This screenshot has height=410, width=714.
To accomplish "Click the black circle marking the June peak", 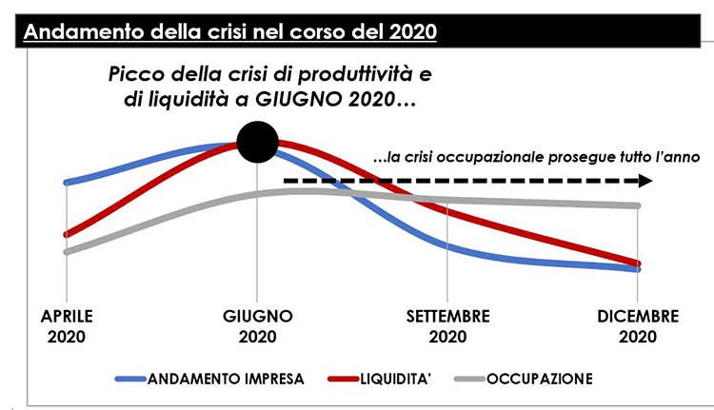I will pyautogui.click(x=257, y=143).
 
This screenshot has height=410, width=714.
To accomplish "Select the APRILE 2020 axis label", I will pyautogui.click(x=66, y=326).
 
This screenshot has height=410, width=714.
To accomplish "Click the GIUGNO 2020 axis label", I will pyautogui.click(x=258, y=326).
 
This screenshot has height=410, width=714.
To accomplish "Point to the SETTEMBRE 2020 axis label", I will pyautogui.click(x=447, y=326).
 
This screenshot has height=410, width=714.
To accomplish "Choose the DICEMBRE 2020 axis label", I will pyautogui.click(x=638, y=326).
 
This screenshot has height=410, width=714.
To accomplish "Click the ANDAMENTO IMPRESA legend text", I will pyautogui.click(x=226, y=379).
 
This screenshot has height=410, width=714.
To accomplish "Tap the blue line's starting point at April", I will pyautogui.click(x=66, y=182).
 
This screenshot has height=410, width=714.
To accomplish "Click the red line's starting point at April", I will pyautogui.click(x=66, y=234).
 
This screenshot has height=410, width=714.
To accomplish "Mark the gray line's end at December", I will pyautogui.click(x=638, y=205).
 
